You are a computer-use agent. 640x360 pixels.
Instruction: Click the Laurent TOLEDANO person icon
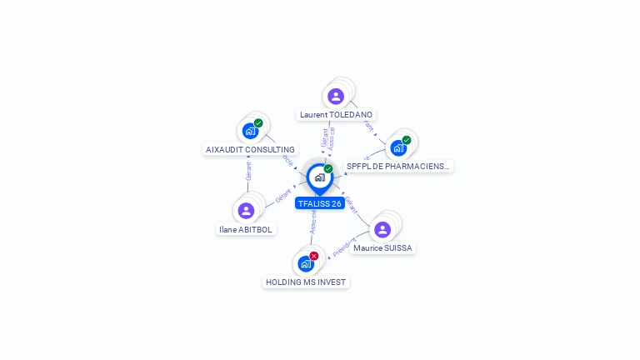[336, 97]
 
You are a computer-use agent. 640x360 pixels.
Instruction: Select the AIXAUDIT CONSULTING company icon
[250, 131]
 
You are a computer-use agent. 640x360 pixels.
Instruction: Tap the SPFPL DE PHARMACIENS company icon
[398, 147]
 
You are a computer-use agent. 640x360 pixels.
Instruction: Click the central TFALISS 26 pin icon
[319, 177]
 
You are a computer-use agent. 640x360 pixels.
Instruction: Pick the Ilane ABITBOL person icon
[246, 211]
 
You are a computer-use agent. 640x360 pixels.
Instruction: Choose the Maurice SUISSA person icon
[382, 229]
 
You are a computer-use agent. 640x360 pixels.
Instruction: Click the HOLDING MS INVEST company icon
[306, 264]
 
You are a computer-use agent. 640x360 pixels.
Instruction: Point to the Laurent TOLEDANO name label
[336, 115]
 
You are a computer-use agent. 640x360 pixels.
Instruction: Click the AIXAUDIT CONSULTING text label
[250, 150]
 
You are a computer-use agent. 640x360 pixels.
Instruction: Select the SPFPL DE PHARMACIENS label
[397, 167]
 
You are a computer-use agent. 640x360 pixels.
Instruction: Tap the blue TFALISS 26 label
[319, 203]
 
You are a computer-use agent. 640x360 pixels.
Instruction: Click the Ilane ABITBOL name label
[246, 230]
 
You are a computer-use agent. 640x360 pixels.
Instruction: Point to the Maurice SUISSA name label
[382, 248]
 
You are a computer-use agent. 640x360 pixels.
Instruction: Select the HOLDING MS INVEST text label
[306, 282]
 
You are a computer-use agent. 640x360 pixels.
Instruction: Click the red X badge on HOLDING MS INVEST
[314, 256]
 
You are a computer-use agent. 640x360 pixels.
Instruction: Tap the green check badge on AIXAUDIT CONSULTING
[258, 123]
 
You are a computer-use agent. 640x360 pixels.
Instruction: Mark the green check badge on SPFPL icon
[407, 140]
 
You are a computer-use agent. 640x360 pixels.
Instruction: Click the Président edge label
[344, 247]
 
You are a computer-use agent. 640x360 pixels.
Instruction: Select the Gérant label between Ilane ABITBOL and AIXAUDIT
[248, 172]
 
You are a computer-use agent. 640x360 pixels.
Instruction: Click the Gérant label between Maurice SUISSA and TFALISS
[351, 205]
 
